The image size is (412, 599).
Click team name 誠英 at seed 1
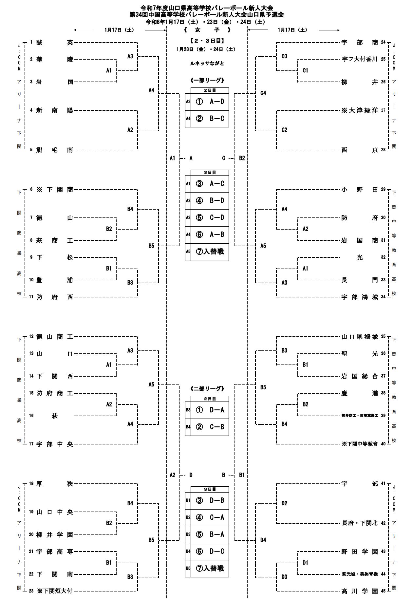(54, 43)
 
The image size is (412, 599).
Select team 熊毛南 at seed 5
(54, 150)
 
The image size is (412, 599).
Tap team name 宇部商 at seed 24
(360, 43)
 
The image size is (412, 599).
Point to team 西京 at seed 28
(360, 150)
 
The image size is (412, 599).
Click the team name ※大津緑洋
(360, 110)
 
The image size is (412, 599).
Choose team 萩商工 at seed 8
(54, 240)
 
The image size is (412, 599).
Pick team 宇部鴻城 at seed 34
(360, 297)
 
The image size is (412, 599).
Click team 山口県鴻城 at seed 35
(360, 337)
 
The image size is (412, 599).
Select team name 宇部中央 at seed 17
(54, 444)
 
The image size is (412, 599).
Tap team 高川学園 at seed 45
(360, 591)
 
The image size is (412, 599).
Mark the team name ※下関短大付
(54, 591)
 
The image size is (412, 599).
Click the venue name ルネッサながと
(207, 64)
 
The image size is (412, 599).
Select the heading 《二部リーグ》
(207, 389)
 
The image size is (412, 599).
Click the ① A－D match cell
(210, 102)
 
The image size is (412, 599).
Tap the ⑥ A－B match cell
(210, 234)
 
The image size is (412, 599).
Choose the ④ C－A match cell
(210, 517)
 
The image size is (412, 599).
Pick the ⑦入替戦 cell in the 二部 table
(210, 568)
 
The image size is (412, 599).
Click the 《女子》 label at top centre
(207, 30)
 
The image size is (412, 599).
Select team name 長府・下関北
(360, 523)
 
